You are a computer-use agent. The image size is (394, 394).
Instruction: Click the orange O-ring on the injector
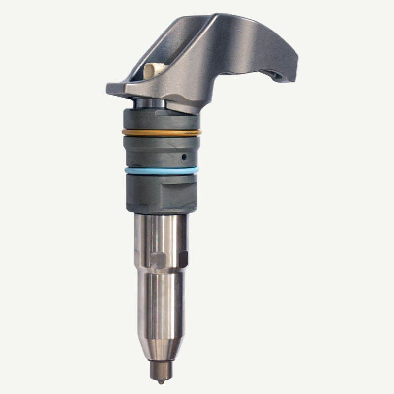coord(162,132)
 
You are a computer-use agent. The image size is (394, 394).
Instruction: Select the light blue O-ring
coord(162,170)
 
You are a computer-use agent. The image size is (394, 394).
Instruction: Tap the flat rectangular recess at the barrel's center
coord(158,260)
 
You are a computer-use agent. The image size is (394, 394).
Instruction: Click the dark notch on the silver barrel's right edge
coord(183,259)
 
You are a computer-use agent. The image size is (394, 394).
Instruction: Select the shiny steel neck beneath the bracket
coord(150,103)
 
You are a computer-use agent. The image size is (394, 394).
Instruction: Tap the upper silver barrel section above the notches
coord(162,231)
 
